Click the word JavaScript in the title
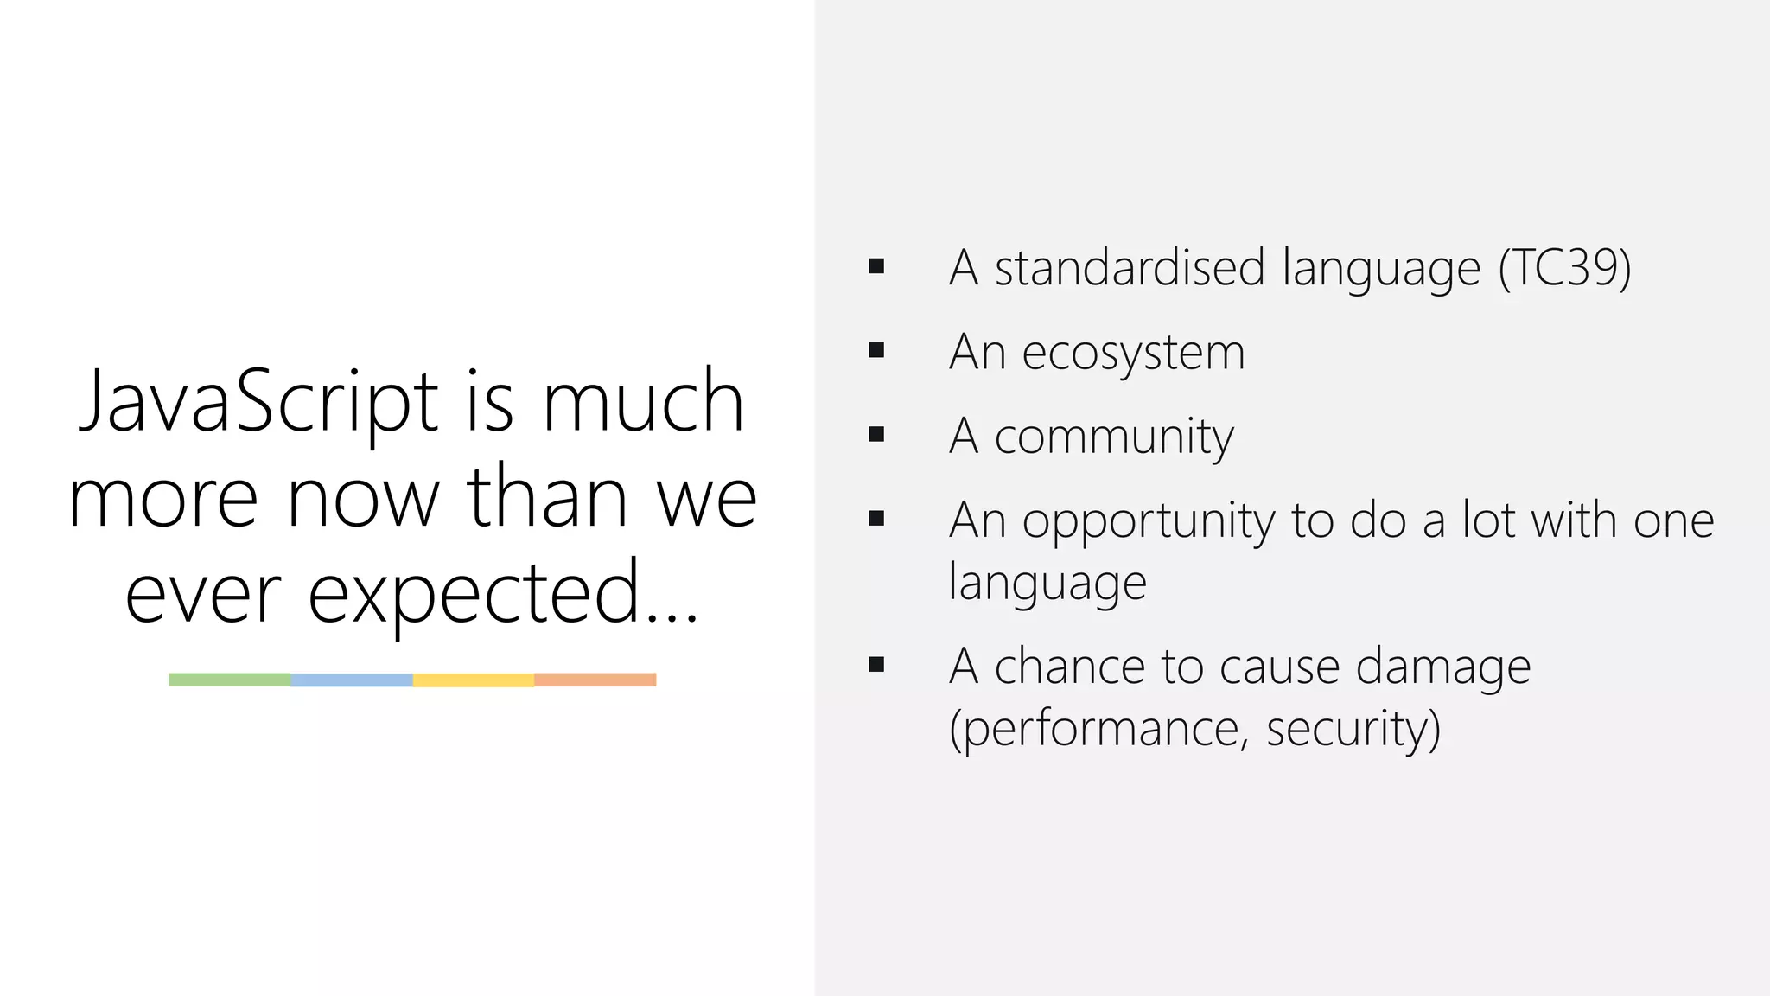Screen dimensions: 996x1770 258,402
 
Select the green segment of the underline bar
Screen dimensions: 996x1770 230,680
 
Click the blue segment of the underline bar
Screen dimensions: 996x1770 352,680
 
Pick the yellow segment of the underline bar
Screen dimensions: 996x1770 474,680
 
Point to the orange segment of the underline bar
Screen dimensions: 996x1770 595,680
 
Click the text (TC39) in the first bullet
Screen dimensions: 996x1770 1564,268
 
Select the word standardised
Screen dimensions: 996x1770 1130,268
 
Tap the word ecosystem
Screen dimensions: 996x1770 1133,353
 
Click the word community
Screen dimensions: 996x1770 1114,437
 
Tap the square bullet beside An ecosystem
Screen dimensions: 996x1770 876,350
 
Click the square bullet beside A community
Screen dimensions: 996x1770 876,434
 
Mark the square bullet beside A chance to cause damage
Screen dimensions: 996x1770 876,664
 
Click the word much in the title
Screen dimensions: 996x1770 643,402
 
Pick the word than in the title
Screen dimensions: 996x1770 546,499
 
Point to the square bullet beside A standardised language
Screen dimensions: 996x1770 876,266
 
